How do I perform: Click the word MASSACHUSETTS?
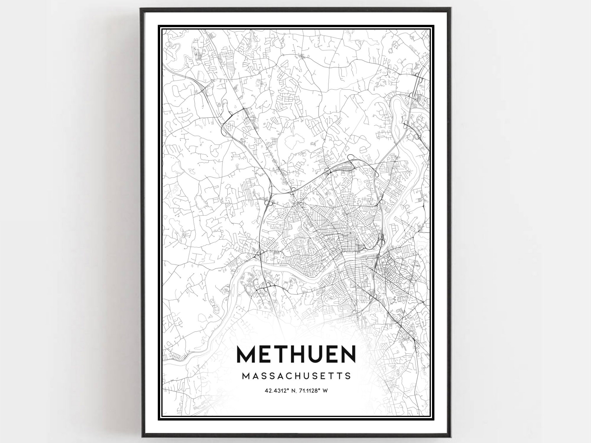tap(296, 376)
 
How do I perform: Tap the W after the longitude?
tap(325, 391)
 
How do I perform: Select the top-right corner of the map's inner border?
tap(430, 30)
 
